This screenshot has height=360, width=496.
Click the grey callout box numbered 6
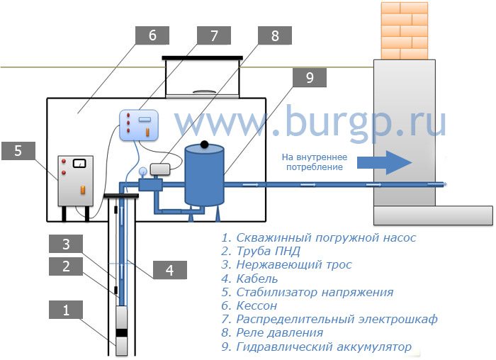coord(152,35)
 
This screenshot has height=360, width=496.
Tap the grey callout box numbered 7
coord(214,35)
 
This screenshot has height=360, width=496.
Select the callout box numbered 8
coord(275,35)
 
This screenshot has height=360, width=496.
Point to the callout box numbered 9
coord(310,77)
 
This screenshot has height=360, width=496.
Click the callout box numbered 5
coord(18,150)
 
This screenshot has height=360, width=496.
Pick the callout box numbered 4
coord(170,270)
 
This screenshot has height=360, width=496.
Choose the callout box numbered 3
coord(66,244)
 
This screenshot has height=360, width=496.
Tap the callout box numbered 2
coord(66,266)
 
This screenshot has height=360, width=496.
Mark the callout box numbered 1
coord(66,310)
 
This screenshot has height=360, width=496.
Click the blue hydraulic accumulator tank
coord(204,176)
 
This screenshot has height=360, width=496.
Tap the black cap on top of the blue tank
coord(204,145)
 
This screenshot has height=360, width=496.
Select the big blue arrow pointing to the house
coord(385,162)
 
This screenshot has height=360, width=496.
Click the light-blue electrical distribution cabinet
coord(139,125)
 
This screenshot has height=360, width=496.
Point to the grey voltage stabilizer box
coord(75,181)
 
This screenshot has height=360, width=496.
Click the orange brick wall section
coord(405,30)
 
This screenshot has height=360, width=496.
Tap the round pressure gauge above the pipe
coord(142,171)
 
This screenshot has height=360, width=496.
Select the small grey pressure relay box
coord(160,169)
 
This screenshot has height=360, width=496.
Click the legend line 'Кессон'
coord(249,305)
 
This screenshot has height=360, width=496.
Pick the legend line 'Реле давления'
coord(272,332)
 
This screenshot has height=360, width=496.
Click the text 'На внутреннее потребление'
coord(315,162)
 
